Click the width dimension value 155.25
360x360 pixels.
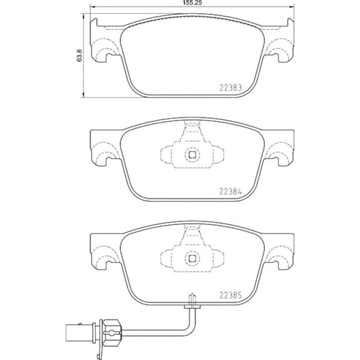pyautogui.click(x=192, y=3)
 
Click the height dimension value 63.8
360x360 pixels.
pyautogui.click(x=79, y=55)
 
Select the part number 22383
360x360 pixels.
pyautogui.click(x=230, y=88)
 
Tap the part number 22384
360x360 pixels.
pyautogui.click(x=230, y=191)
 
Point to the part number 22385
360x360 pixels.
pyautogui.click(x=230, y=295)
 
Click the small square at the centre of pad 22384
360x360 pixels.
pyautogui.click(x=192, y=155)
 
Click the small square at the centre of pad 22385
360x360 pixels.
pyautogui.click(x=192, y=259)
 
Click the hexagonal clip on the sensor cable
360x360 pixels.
pyautogui.click(x=111, y=332)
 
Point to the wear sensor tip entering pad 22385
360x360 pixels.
pyautogui.click(x=192, y=301)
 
